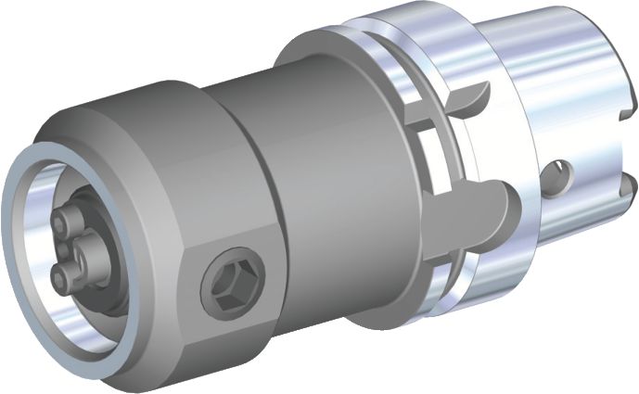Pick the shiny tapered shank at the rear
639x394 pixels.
tap(556, 93)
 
